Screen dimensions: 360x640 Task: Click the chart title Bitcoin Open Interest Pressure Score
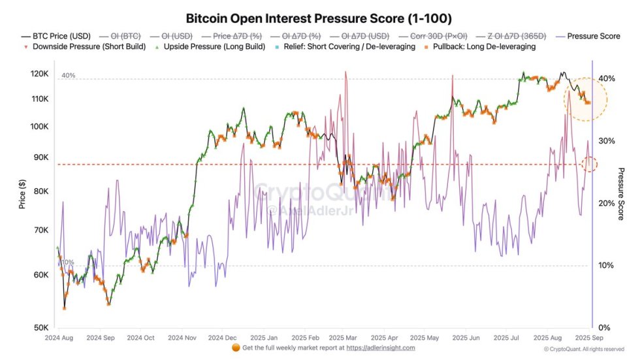(x=319, y=18)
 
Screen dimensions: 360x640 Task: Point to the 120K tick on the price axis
(x=40, y=74)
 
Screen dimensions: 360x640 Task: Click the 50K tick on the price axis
(x=40, y=328)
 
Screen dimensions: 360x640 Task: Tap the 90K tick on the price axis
(x=40, y=157)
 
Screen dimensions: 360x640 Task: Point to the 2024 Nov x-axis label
(x=182, y=338)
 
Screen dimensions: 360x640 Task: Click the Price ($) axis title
(x=22, y=195)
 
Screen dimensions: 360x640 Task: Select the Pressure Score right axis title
(x=620, y=195)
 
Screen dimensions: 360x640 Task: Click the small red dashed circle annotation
(x=589, y=164)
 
